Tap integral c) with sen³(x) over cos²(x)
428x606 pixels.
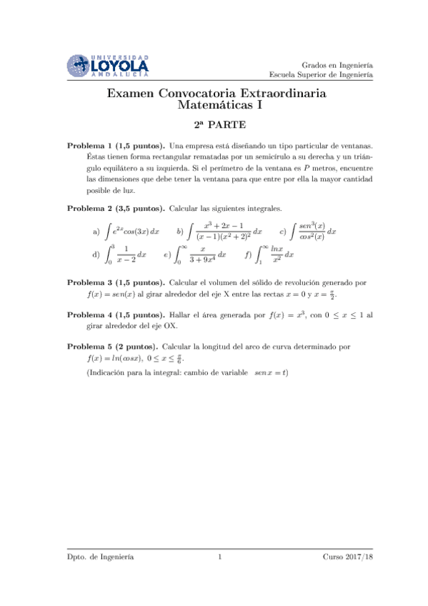coord(314,232)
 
